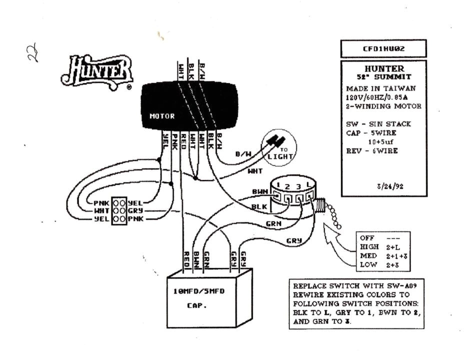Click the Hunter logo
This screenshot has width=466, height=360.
pos(97,71)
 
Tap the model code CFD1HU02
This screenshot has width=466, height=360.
pos(383,49)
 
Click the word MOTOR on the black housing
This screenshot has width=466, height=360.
pos(162,116)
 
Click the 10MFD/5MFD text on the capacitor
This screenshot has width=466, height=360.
pos(199,291)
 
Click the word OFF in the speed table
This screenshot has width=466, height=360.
pos(367,238)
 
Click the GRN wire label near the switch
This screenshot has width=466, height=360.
pos(273,224)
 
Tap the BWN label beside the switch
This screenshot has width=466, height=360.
pos(259,191)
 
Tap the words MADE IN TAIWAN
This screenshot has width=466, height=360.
pos(374,88)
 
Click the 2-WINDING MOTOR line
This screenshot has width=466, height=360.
pos(383,106)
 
